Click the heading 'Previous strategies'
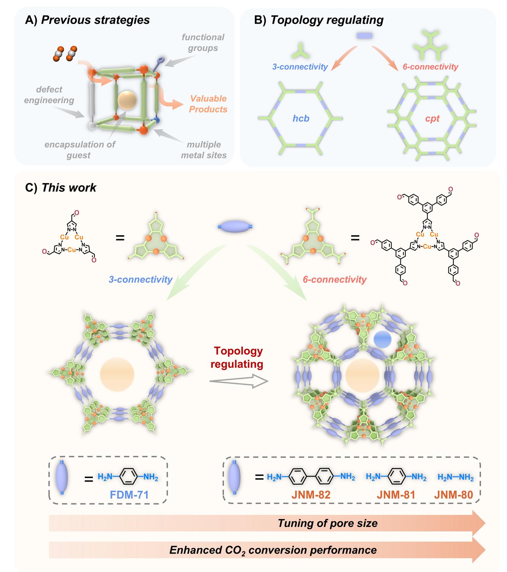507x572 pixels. [x=95, y=20]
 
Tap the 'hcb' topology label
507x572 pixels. [x=301, y=118]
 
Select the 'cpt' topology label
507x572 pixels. [x=432, y=118]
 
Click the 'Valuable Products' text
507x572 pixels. [x=208, y=104]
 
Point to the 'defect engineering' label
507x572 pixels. [x=49, y=95]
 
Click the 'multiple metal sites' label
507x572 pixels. [x=204, y=150]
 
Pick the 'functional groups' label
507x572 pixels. [x=203, y=42]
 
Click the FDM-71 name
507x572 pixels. [x=129, y=495]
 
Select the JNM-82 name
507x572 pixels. [x=310, y=495]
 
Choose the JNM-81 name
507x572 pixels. [x=396, y=495]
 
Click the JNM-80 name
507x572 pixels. [x=454, y=495]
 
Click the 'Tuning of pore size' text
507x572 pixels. [x=328, y=523]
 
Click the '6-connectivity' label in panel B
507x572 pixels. [x=430, y=67]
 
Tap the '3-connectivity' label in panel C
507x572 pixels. [x=141, y=279]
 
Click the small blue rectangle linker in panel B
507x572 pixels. [x=364, y=35]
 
